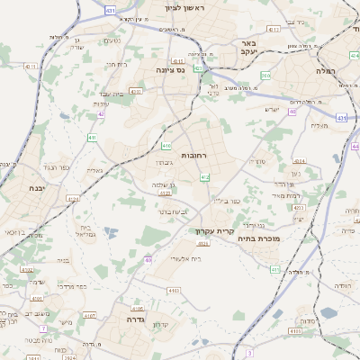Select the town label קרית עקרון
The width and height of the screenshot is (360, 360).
pyautogui.click(x=213, y=230)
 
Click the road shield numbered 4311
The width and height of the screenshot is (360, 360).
pyautogui.click(x=31, y=67)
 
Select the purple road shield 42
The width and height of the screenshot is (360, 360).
pyautogui.click(x=101, y=114)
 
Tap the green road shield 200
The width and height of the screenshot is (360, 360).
pyautogui.click(x=265, y=75)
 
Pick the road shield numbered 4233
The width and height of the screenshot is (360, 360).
pyautogui.click(x=299, y=208)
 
